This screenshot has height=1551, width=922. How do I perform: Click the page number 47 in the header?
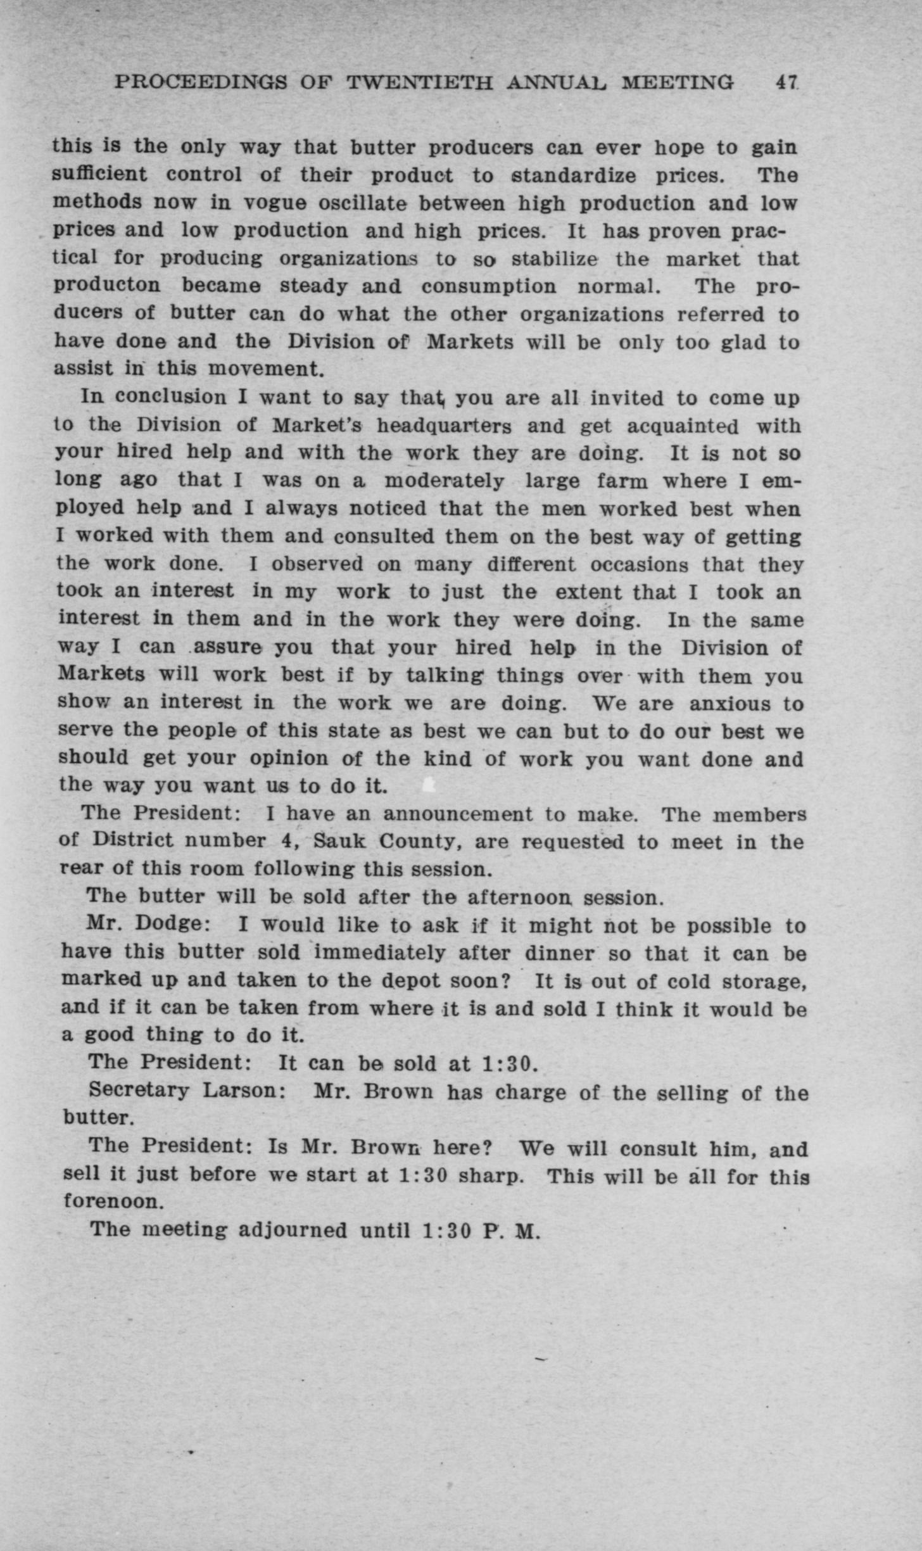tap(787, 82)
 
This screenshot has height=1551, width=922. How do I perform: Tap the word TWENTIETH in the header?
tap(419, 82)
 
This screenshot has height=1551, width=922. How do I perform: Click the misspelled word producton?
tap(107, 286)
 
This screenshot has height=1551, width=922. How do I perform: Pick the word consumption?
tap(489, 286)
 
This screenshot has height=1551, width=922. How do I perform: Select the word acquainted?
tap(683, 426)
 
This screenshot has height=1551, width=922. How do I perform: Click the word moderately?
tap(444, 481)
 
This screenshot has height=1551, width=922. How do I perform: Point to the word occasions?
tap(639, 564)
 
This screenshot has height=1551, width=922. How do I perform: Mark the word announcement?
tap(458, 814)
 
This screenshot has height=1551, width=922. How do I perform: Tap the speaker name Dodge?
tap(168, 924)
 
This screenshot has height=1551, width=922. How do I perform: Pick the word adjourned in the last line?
tap(292, 1231)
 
